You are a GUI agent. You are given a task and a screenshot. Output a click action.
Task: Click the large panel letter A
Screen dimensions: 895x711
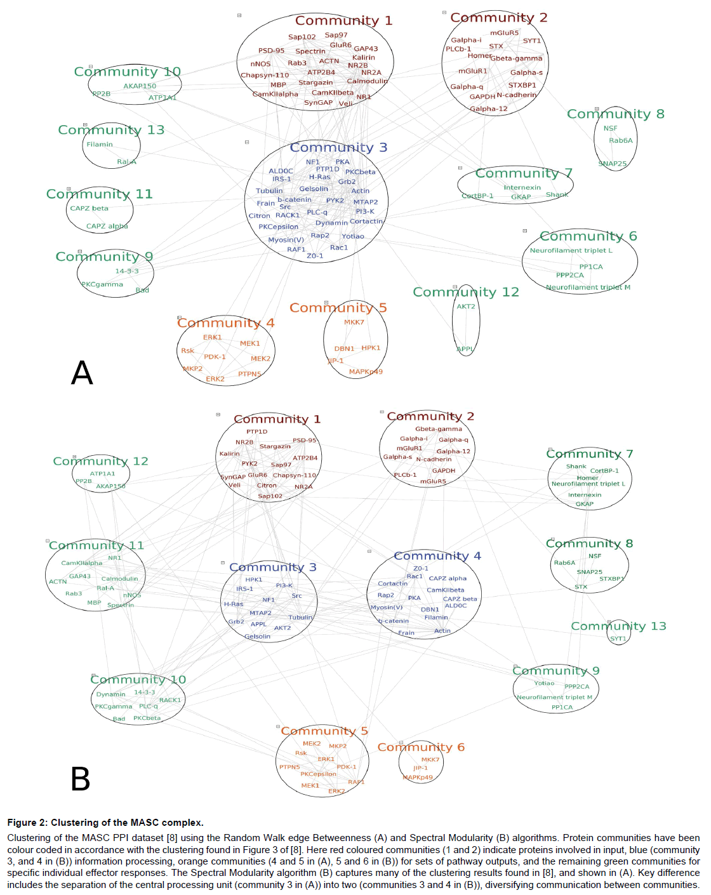click(x=82, y=373)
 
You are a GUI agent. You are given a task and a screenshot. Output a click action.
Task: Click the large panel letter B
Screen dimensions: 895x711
click(x=81, y=779)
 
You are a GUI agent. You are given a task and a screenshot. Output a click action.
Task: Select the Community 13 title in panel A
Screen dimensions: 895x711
click(x=111, y=130)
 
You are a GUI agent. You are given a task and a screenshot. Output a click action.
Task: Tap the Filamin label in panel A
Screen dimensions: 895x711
click(x=100, y=145)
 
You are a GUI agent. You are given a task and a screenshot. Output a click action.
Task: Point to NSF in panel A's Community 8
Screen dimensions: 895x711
click(x=610, y=128)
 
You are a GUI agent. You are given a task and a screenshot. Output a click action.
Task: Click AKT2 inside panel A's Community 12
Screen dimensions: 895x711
click(x=466, y=307)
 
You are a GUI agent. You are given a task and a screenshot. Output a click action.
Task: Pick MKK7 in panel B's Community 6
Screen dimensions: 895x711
click(x=430, y=760)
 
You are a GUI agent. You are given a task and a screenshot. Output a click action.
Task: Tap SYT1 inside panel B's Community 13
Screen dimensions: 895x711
click(x=618, y=639)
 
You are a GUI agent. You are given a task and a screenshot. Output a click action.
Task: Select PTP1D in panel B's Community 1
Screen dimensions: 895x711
click(x=257, y=432)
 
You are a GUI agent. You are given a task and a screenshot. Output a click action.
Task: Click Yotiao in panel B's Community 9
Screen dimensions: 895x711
click(x=544, y=684)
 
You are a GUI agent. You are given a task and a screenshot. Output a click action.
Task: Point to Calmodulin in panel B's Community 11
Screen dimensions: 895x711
click(x=119, y=579)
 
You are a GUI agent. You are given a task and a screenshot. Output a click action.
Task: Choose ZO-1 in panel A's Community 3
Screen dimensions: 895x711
click(x=315, y=256)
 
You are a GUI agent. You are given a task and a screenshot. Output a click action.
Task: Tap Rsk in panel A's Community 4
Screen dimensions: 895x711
click(x=187, y=350)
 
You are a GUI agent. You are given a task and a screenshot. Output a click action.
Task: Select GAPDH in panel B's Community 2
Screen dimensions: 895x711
click(x=444, y=471)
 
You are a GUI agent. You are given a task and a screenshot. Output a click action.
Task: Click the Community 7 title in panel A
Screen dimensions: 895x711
click(x=524, y=173)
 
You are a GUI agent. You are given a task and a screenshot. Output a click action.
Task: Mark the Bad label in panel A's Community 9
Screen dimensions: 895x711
click(x=142, y=290)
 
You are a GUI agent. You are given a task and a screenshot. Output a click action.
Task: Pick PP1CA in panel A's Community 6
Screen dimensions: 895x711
click(x=591, y=267)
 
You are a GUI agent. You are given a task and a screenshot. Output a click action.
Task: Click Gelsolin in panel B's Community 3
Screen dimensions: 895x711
click(x=257, y=637)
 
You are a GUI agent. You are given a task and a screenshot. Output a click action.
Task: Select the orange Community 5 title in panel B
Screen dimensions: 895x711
click(x=324, y=731)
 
